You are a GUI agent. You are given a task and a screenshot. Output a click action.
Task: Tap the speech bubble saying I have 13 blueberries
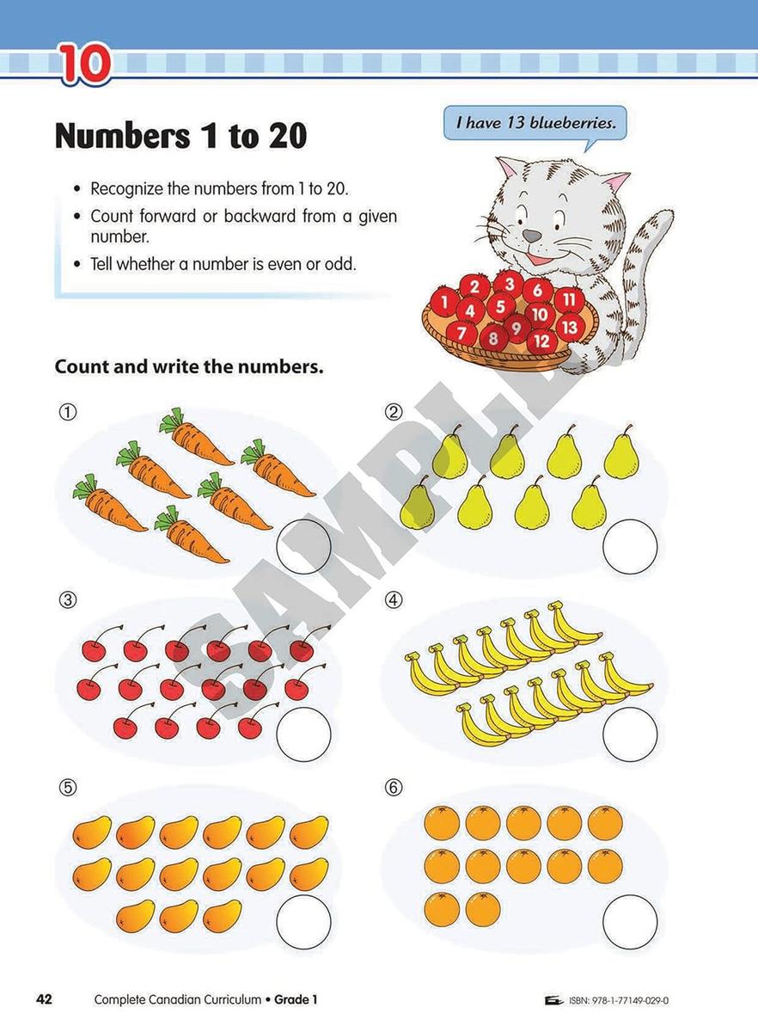coord(535,123)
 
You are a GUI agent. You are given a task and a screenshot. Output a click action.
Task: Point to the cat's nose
coord(534,235)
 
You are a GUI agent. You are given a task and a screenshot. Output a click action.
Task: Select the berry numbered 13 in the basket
coord(569,327)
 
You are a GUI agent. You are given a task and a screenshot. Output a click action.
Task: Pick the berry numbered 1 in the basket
coord(443,302)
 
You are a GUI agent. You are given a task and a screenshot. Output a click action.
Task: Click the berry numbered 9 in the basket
coord(516,327)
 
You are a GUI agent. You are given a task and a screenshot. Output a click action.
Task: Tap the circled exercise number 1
coord(67,412)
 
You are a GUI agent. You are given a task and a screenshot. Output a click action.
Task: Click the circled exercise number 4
coord(394,600)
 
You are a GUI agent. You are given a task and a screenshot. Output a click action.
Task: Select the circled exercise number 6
coord(394,788)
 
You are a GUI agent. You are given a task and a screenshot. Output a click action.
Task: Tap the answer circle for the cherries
coord(303,734)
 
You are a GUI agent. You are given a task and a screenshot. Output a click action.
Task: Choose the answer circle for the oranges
coord(630,921)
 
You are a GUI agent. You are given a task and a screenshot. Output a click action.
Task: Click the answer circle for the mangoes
coord(303,921)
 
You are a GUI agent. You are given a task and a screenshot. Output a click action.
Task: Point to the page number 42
coord(44,999)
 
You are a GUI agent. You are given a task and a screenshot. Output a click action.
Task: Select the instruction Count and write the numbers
coord(189,366)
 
